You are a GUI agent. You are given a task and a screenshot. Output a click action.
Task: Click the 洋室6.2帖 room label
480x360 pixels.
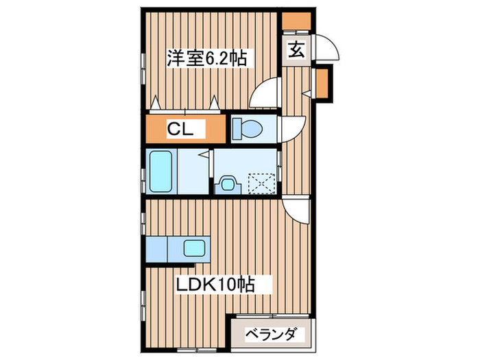(x=208, y=58)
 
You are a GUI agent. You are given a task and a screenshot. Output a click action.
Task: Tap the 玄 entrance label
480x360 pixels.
(x=296, y=49)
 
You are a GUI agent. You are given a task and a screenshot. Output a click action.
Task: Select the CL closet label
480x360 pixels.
(x=183, y=128)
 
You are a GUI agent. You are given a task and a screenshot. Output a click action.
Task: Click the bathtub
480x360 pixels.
(x=161, y=172)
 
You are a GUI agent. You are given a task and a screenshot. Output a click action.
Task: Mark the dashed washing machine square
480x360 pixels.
(x=261, y=183)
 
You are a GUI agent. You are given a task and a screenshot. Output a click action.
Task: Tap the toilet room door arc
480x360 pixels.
(x=293, y=127)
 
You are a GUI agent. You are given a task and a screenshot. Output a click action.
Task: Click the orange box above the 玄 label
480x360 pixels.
(x=296, y=21)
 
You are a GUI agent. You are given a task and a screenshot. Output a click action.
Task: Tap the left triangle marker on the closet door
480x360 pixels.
(x=156, y=103)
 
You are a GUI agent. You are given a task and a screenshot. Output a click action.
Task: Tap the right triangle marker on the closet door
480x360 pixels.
(x=215, y=103)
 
